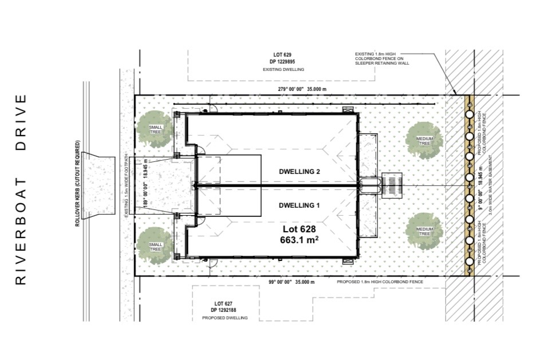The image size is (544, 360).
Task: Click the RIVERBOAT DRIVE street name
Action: (21, 189)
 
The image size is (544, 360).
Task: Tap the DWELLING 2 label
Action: (299, 172)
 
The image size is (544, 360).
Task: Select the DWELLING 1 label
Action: (299, 205)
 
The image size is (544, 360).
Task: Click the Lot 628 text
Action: (299, 229)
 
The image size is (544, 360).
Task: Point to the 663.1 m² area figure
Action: (299, 240)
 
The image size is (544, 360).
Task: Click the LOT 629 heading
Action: (282, 55)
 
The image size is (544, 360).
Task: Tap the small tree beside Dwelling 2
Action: (155, 129)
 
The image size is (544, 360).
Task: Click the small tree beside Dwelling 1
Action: (155, 247)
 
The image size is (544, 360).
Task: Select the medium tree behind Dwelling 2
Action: (424, 140)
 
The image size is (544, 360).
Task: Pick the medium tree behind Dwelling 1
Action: (424, 231)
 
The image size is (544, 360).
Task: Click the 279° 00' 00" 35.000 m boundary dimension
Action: (302, 89)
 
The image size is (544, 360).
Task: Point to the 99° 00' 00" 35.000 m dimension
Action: (292, 282)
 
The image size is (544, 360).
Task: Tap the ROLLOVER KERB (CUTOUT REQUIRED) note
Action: (77, 183)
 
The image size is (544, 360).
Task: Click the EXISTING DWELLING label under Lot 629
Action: (283, 69)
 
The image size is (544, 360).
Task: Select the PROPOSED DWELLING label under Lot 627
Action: (225, 318)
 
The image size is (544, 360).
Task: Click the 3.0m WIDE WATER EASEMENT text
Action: (491, 185)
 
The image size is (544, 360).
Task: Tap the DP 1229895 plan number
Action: (282, 62)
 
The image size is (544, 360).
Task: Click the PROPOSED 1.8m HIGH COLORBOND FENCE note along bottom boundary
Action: (380, 282)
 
